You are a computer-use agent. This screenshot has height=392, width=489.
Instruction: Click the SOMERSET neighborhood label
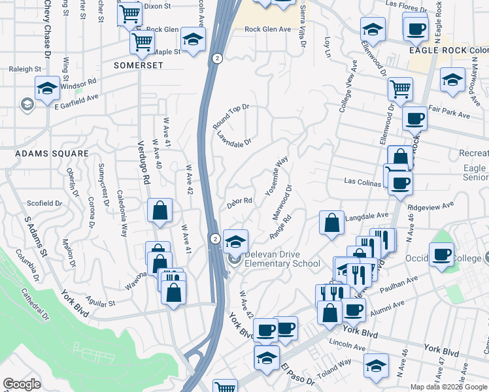(137, 65)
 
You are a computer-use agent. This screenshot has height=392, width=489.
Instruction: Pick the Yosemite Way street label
(277, 176)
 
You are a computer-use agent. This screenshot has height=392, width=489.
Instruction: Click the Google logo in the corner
(22, 384)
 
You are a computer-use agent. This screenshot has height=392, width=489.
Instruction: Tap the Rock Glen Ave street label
(267, 29)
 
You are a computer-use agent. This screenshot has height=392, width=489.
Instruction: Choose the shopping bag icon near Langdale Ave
(332, 222)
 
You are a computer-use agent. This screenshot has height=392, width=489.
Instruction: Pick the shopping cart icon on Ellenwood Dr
(399, 88)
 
